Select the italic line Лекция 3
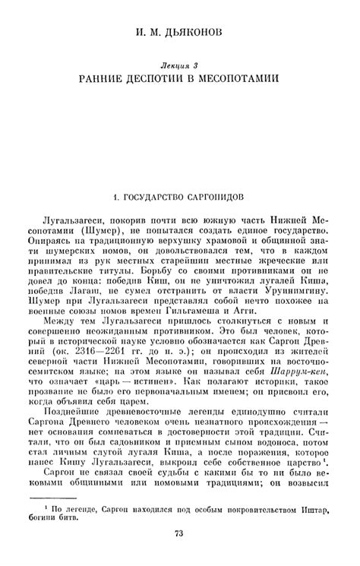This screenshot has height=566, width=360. point(180,67)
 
